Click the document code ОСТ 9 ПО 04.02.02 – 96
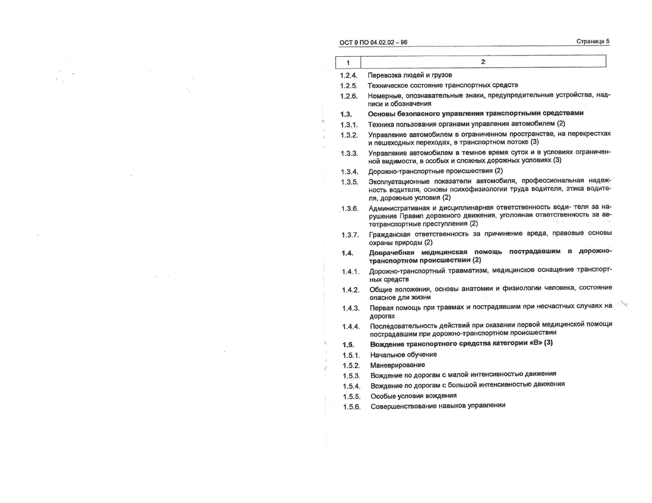pyautogui.click(x=373, y=43)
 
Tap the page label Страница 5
pyautogui.click(x=592, y=42)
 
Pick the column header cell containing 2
pyautogui.click(x=483, y=62)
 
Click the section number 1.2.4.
pyautogui.click(x=349, y=76)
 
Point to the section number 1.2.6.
pyautogui.click(x=349, y=96)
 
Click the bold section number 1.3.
pyautogui.click(x=346, y=114)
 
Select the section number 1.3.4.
pyautogui.click(x=349, y=172)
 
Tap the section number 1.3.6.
pyautogui.click(x=350, y=209)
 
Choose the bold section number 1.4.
pyautogui.click(x=347, y=253)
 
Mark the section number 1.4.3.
pyautogui.click(x=351, y=309)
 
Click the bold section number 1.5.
pyautogui.click(x=348, y=345)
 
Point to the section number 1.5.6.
pyautogui.click(x=352, y=407)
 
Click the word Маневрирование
pyautogui.click(x=397, y=365)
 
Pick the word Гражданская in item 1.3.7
pyautogui.click(x=389, y=234)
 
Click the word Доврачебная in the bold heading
pyautogui.click(x=392, y=253)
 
